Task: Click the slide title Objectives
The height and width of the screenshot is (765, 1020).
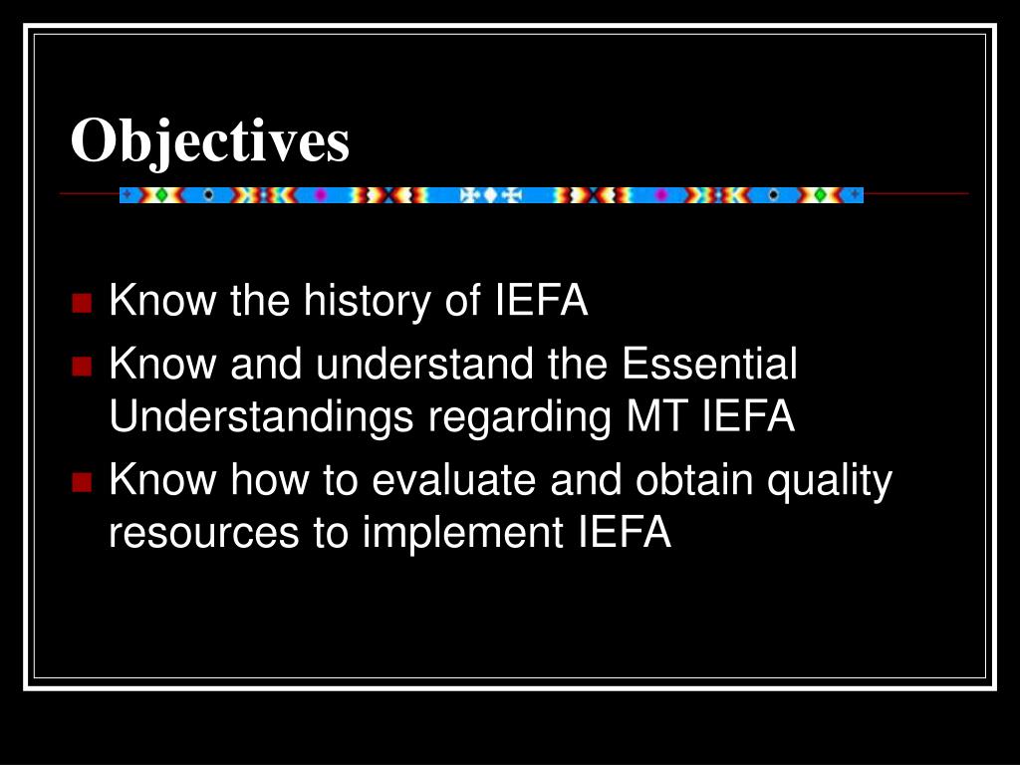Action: pos(210,141)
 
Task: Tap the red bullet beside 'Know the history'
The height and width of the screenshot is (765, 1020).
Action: pos(82,303)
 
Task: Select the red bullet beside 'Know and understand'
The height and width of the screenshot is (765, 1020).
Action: pos(82,366)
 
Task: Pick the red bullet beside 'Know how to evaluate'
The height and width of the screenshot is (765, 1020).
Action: pos(82,482)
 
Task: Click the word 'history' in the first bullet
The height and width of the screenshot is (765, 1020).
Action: pos(367,301)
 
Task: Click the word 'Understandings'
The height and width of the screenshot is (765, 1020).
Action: pos(261,417)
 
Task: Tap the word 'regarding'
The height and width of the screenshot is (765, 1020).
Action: pos(520,417)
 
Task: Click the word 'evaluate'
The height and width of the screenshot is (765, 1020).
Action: pos(453,480)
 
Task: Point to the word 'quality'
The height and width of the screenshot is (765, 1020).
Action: pos(830,483)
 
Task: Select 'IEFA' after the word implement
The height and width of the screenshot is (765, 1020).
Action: pos(625,532)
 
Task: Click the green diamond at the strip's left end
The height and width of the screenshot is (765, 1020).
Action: pos(161,194)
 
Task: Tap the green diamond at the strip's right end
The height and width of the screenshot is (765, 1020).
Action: pos(822,194)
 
